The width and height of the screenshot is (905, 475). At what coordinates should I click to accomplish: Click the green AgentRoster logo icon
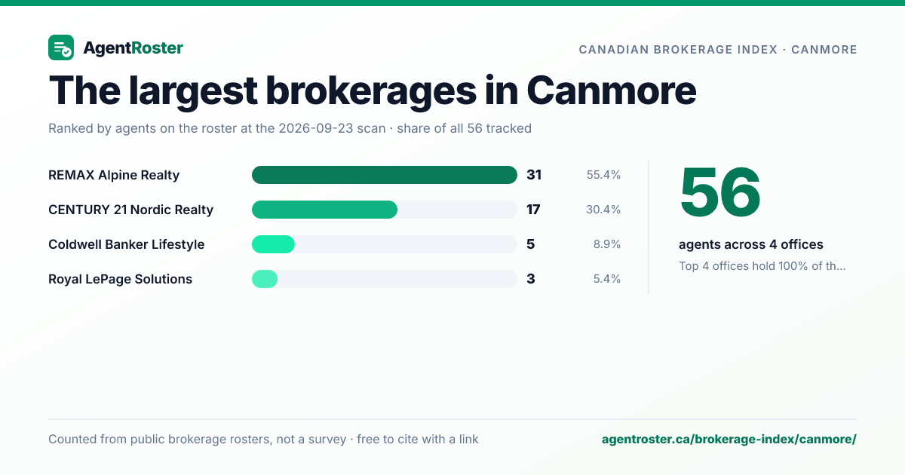click(61, 47)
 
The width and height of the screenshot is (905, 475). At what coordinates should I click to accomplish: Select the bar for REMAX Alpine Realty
click(384, 175)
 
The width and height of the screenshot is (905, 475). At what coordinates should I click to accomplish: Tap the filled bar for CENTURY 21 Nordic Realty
click(324, 210)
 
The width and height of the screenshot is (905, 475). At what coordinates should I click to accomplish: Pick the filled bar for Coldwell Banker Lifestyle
click(273, 244)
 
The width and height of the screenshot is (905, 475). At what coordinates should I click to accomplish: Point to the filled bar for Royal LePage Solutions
click(265, 279)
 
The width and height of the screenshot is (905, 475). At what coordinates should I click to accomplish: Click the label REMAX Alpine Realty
click(114, 175)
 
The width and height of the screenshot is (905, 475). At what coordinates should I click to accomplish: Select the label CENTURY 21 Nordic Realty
click(130, 210)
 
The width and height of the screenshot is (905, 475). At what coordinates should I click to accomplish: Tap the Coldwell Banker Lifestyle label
click(126, 244)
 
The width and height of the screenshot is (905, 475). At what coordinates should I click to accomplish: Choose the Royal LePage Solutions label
click(120, 279)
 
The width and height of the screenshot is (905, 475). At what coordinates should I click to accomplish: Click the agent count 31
click(534, 175)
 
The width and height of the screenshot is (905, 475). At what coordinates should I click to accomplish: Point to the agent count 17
click(533, 210)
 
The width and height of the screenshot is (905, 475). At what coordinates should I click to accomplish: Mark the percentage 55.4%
click(603, 175)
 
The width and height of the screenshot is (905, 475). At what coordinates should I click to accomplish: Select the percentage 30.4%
click(603, 210)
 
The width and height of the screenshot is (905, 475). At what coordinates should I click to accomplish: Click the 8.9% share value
click(607, 244)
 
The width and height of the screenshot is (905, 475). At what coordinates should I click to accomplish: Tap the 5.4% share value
click(607, 279)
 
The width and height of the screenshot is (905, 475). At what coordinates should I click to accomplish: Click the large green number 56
click(720, 193)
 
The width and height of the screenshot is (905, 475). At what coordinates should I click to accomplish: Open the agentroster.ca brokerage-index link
click(729, 439)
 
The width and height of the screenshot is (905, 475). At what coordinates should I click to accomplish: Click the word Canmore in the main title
click(612, 90)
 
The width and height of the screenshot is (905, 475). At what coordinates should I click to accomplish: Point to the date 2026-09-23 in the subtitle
click(332, 128)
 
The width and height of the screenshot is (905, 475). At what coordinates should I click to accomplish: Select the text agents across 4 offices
click(750, 244)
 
